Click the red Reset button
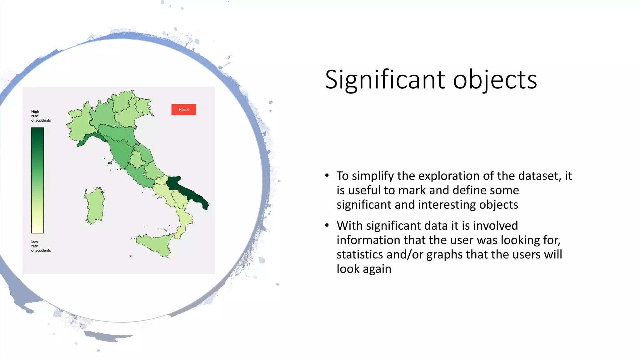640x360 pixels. [x=183, y=110]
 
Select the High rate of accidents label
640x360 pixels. [x=41, y=116]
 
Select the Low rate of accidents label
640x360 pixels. [x=41, y=246]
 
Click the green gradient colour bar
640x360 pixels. [x=37, y=180]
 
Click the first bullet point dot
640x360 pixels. [x=327, y=175]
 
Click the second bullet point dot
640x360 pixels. [x=327, y=225]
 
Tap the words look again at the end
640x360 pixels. [x=364, y=269]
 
